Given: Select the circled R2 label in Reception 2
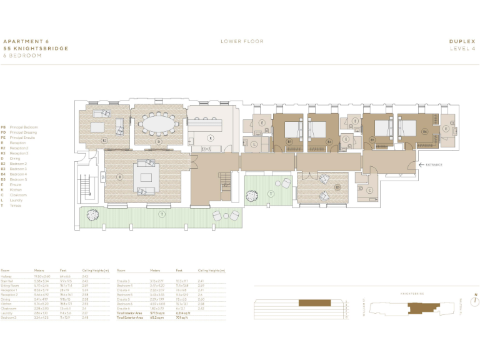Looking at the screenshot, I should coord(104,141).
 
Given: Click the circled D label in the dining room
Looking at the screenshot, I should coord(159,142).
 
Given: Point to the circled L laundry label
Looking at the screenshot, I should coord(255,144).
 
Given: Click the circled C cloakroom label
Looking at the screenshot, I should coord(369,190).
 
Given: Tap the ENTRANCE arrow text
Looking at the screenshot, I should coord(433,165).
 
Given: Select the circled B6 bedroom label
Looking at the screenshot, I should coord(424,132).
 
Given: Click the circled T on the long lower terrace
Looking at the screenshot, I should coord(161,214).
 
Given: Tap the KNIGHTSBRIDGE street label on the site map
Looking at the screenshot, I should coord(412,292).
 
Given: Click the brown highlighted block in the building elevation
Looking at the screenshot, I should coord(311,303).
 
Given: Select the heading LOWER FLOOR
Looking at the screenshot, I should coord(242,41).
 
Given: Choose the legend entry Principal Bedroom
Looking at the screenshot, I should coord(24,127).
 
